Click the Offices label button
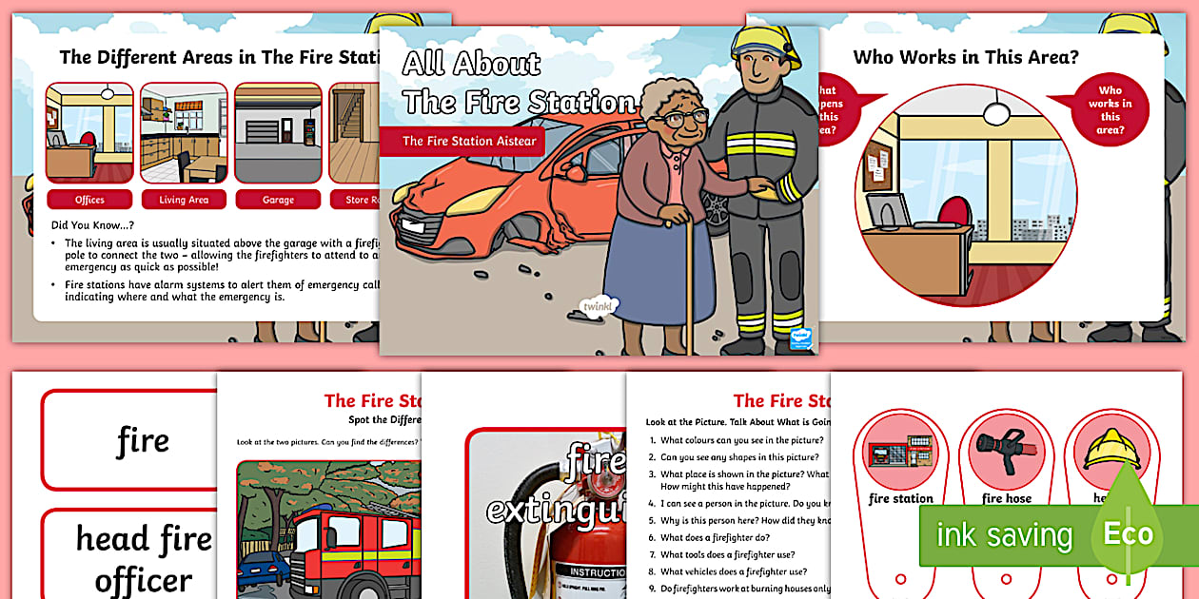(x=89, y=200)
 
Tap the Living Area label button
(x=184, y=200)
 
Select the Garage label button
(x=278, y=200)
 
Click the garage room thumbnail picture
(x=278, y=133)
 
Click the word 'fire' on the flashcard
(x=143, y=440)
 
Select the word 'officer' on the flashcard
(x=143, y=579)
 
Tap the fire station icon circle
(x=899, y=451)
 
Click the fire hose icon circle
(x=1006, y=451)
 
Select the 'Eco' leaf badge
(x=1129, y=533)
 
